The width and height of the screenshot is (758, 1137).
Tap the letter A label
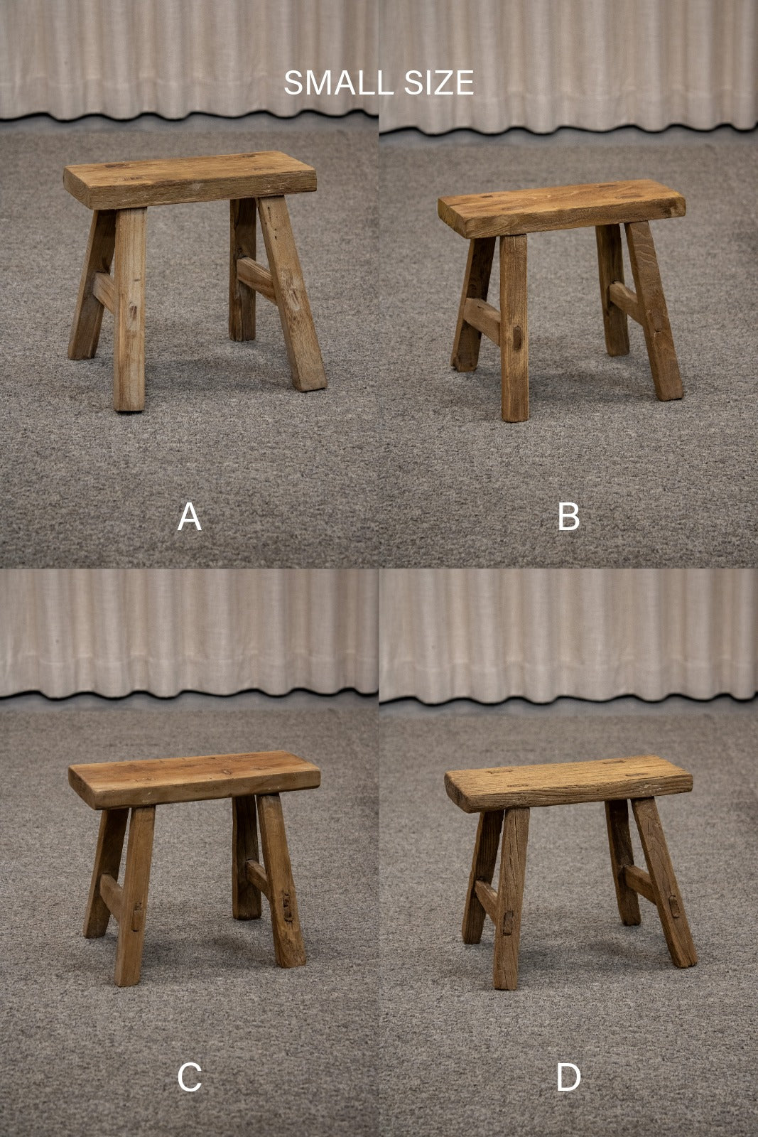pyautogui.click(x=189, y=517)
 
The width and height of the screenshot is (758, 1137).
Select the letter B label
pyautogui.click(x=568, y=517)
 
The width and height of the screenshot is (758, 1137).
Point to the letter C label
pyautogui.click(x=189, y=1077)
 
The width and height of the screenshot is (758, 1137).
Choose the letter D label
pyautogui.click(x=568, y=1077)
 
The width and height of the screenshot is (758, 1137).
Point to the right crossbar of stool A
pyautogui.click(x=256, y=279)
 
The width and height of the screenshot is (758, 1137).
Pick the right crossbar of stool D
pyautogui.click(x=641, y=884)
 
